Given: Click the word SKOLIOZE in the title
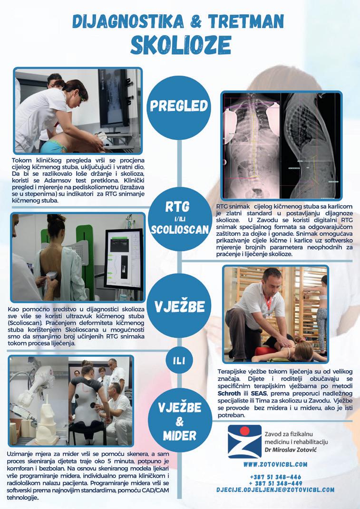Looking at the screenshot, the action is pyautogui.click(x=181, y=45).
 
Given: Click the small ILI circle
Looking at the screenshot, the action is pyautogui.click(x=179, y=361).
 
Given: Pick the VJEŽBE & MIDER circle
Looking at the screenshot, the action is pyautogui.click(x=179, y=420).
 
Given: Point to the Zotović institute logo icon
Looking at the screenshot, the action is pyautogui.click(x=244, y=442).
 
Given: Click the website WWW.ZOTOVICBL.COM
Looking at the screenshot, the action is pyautogui.click(x=275, y=464).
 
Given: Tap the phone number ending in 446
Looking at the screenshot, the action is pyautogui.click(x=275, y=477).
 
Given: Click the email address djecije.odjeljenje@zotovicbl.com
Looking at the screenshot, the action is pyautogui.click(x=275, y=490).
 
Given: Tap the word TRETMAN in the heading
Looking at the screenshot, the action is pyautogui.click(x=246, y=21).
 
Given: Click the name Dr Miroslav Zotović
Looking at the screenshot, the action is pyautogui.click(x=291, y=450).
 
